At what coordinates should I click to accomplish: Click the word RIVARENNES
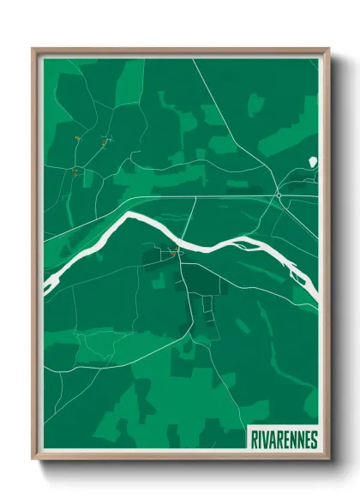click(x=284, y=438)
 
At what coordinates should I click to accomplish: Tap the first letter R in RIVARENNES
click(x=255, y=438)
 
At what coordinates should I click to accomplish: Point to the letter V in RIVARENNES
click(x=266, y=438)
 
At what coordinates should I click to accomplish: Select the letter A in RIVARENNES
click(x=273, y=438)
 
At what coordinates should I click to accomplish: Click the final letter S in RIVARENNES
click(x=313, y=438)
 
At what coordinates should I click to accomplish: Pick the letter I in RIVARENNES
click(x=261, y=438)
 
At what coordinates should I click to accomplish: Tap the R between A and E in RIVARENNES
click(x=279, y=438)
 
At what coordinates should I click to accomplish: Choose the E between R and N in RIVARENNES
click(x=286, y=438)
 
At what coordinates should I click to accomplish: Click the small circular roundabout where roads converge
click(x=279, y=195)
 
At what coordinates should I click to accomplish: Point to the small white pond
click(x=312, y=161)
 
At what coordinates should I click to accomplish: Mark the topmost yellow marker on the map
click(x=77, y=137)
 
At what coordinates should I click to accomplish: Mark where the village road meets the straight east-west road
click(x=195, y=197)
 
